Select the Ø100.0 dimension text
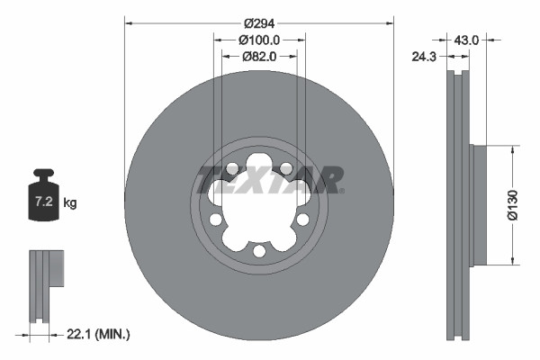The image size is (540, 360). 260,40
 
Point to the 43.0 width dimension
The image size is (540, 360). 466,40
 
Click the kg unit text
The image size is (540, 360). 70,203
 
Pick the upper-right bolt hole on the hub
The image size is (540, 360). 286,167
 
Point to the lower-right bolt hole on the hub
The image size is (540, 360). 302,219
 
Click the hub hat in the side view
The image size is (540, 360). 478,204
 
